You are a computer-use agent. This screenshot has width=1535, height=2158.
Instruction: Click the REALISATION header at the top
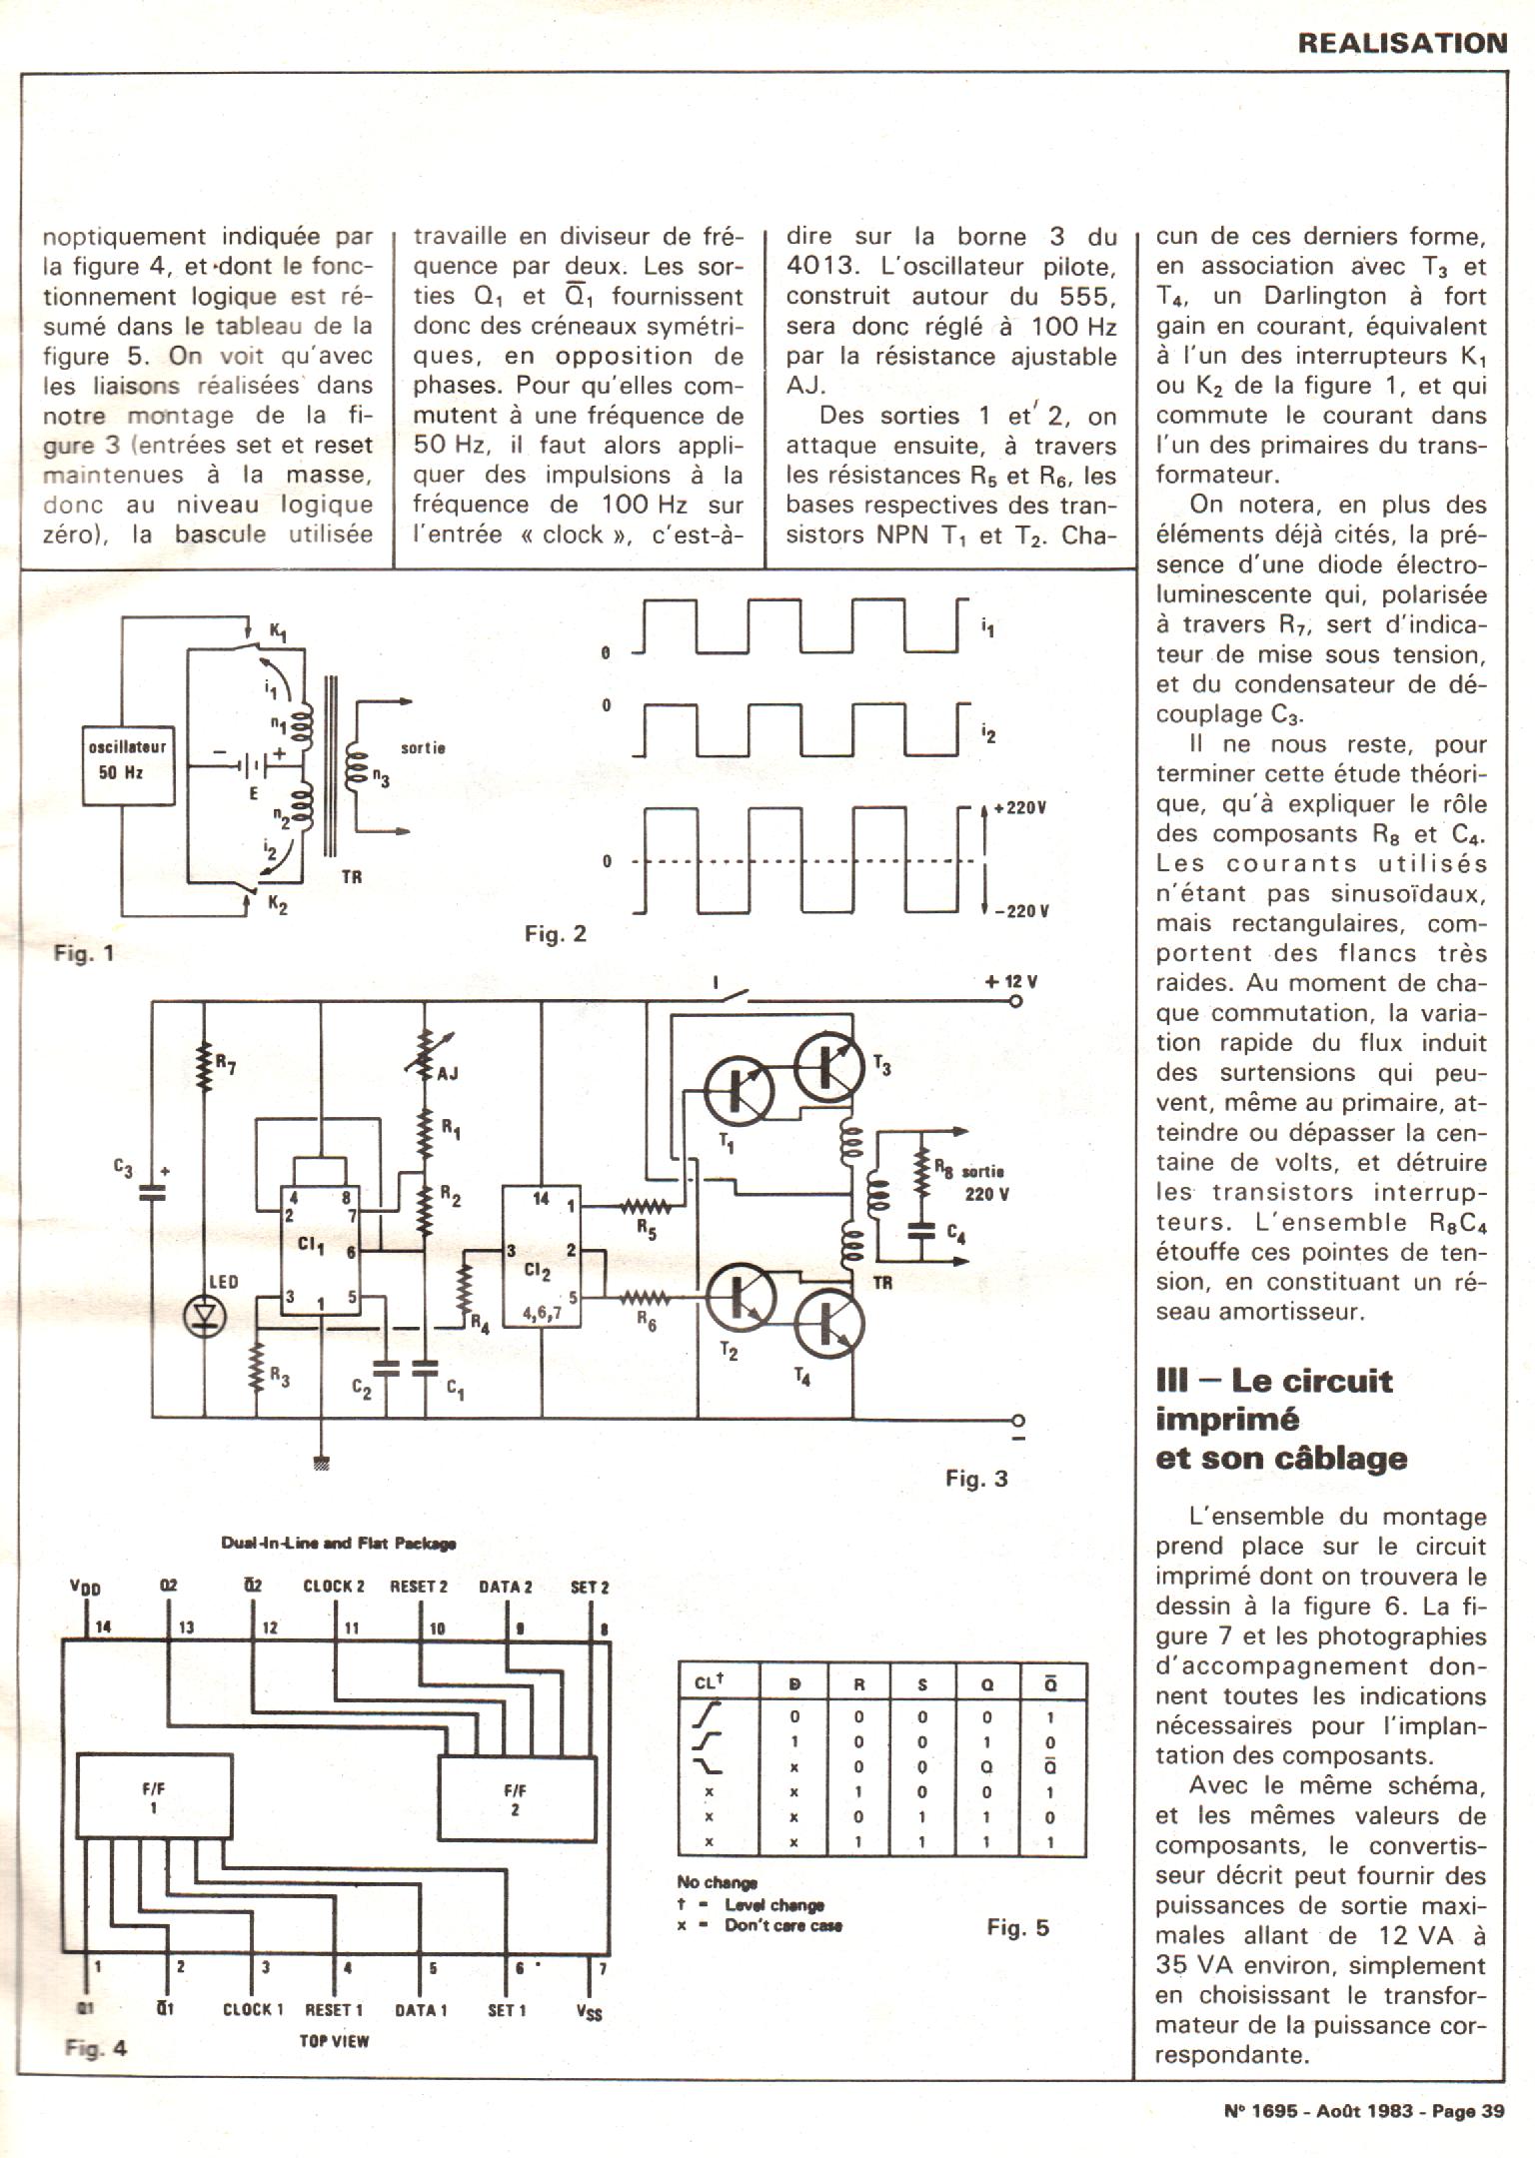(x=1402, y=43)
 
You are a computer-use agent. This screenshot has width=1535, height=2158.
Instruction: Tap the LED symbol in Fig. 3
(x=206, y=1317)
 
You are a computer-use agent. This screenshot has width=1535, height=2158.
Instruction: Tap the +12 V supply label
(x=1010, y=982)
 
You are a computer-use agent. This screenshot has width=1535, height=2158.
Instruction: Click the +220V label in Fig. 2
(x=1018, y=808)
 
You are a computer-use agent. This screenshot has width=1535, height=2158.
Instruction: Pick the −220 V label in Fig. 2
(x=1020, y=910)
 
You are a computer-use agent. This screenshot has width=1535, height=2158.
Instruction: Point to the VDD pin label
(x=85, y=1588)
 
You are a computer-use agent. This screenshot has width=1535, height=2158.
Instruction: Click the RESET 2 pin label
(x=418, y=1586)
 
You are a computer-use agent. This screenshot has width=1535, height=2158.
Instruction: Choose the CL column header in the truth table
(x=709, y=1683)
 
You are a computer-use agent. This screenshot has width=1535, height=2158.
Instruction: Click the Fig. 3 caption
(x=976, y=1479)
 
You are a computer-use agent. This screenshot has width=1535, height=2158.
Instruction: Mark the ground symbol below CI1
(x=322, y=1465)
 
